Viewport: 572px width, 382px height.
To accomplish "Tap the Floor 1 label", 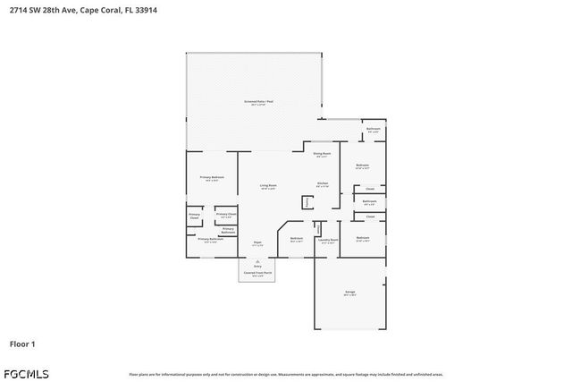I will click(x=22, y=344).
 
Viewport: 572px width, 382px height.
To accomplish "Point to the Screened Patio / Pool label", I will click(x=259, y=102).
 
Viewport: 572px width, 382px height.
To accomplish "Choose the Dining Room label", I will click(x=322, y=153).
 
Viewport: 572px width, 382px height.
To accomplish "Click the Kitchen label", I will click(x=322, y=183).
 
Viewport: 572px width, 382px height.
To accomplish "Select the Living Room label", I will click(x=267, y=185).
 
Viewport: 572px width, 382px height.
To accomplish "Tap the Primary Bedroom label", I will click(x=211, y=177).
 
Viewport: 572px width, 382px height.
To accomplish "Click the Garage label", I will click(x=350, y=292).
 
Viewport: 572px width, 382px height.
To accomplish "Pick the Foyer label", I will click(x=257, y=242).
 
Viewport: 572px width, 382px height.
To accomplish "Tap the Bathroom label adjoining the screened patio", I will click(x=374, y=129).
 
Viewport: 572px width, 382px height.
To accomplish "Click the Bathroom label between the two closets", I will click(x=369, y=201).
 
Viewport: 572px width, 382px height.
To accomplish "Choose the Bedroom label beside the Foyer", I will click(x=296, y=238).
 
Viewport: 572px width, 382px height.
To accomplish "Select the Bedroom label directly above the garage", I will click(x=362, y=237).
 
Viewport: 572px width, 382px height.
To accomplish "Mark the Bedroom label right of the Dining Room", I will click(x=362, y=165).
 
